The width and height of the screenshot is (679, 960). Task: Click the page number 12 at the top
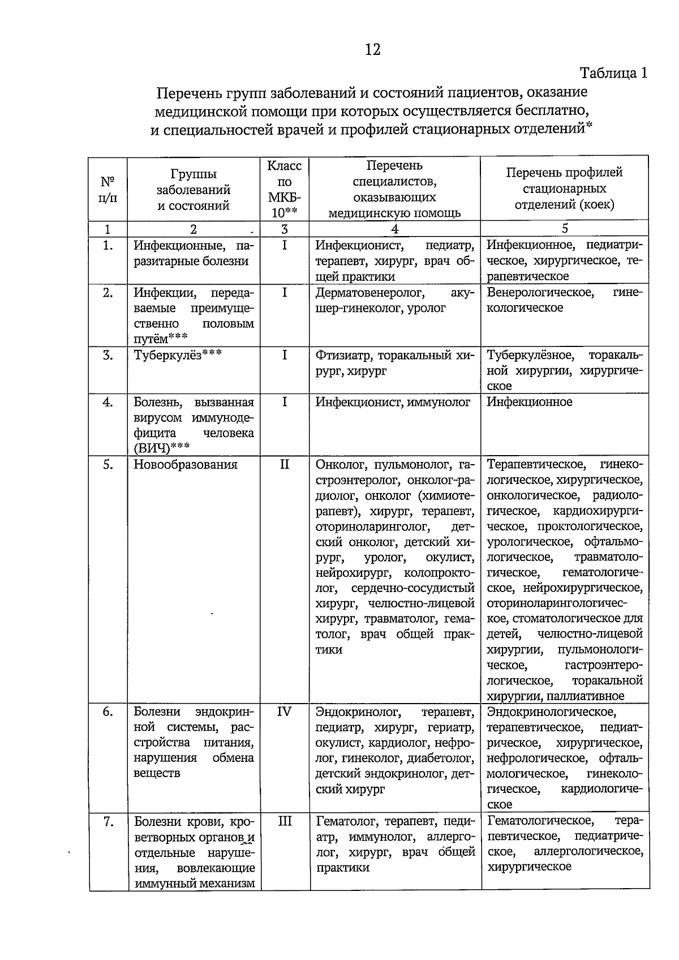coord(372,50)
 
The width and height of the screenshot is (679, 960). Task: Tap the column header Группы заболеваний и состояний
coord(194,190)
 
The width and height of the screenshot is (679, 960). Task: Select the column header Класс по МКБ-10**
coord(284,190)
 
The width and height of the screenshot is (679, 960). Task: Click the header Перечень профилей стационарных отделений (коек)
coord(564,188)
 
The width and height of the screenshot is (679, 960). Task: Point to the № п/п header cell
coord(108,190)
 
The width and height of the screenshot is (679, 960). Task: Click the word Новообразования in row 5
coord(186,465)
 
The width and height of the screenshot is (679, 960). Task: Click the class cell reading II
coord(284,465)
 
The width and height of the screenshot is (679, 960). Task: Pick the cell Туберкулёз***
coord(178,355)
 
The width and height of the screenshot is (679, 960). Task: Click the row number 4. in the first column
coord(108,402)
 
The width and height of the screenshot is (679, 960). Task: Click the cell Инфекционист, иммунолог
coord(393,402)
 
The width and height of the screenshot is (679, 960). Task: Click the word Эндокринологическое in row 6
coord(551,712)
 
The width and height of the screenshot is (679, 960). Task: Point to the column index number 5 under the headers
coord(565,228)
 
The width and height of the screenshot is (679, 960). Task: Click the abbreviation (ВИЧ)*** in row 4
coord(162,449)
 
